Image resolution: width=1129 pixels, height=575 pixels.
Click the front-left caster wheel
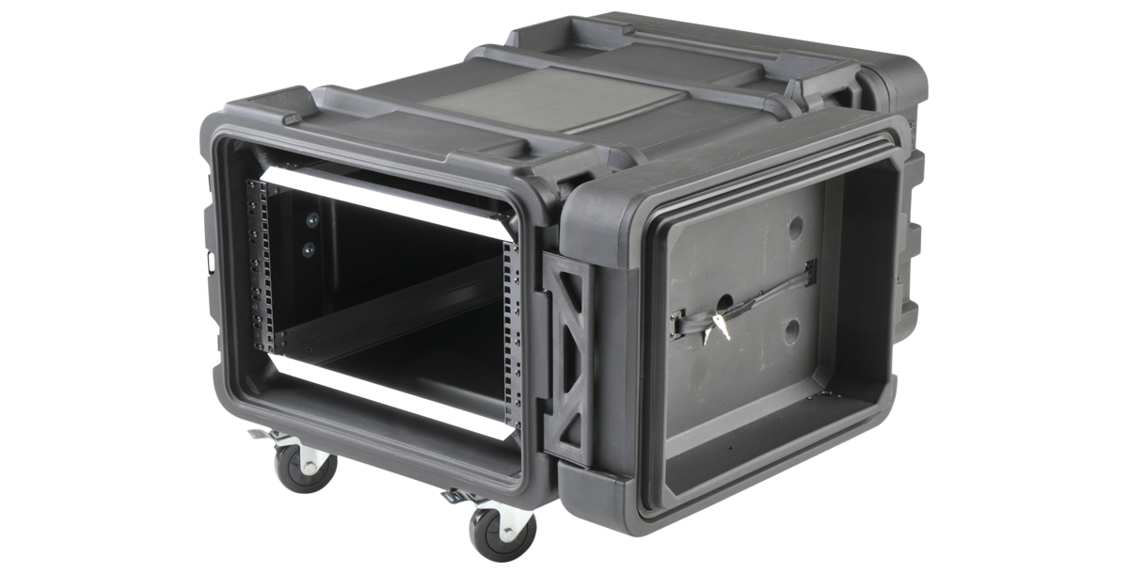[304, 468]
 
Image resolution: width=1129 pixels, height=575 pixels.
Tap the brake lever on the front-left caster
[257, 434]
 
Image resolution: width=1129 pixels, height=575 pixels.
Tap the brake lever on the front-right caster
[453, 494]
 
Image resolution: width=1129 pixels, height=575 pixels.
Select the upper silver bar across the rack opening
[386, 201]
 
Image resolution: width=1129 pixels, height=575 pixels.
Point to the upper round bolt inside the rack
[311, 219]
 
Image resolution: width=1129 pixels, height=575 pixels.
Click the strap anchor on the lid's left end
[678, 325]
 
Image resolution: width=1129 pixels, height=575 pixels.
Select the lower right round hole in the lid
[792, 329]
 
